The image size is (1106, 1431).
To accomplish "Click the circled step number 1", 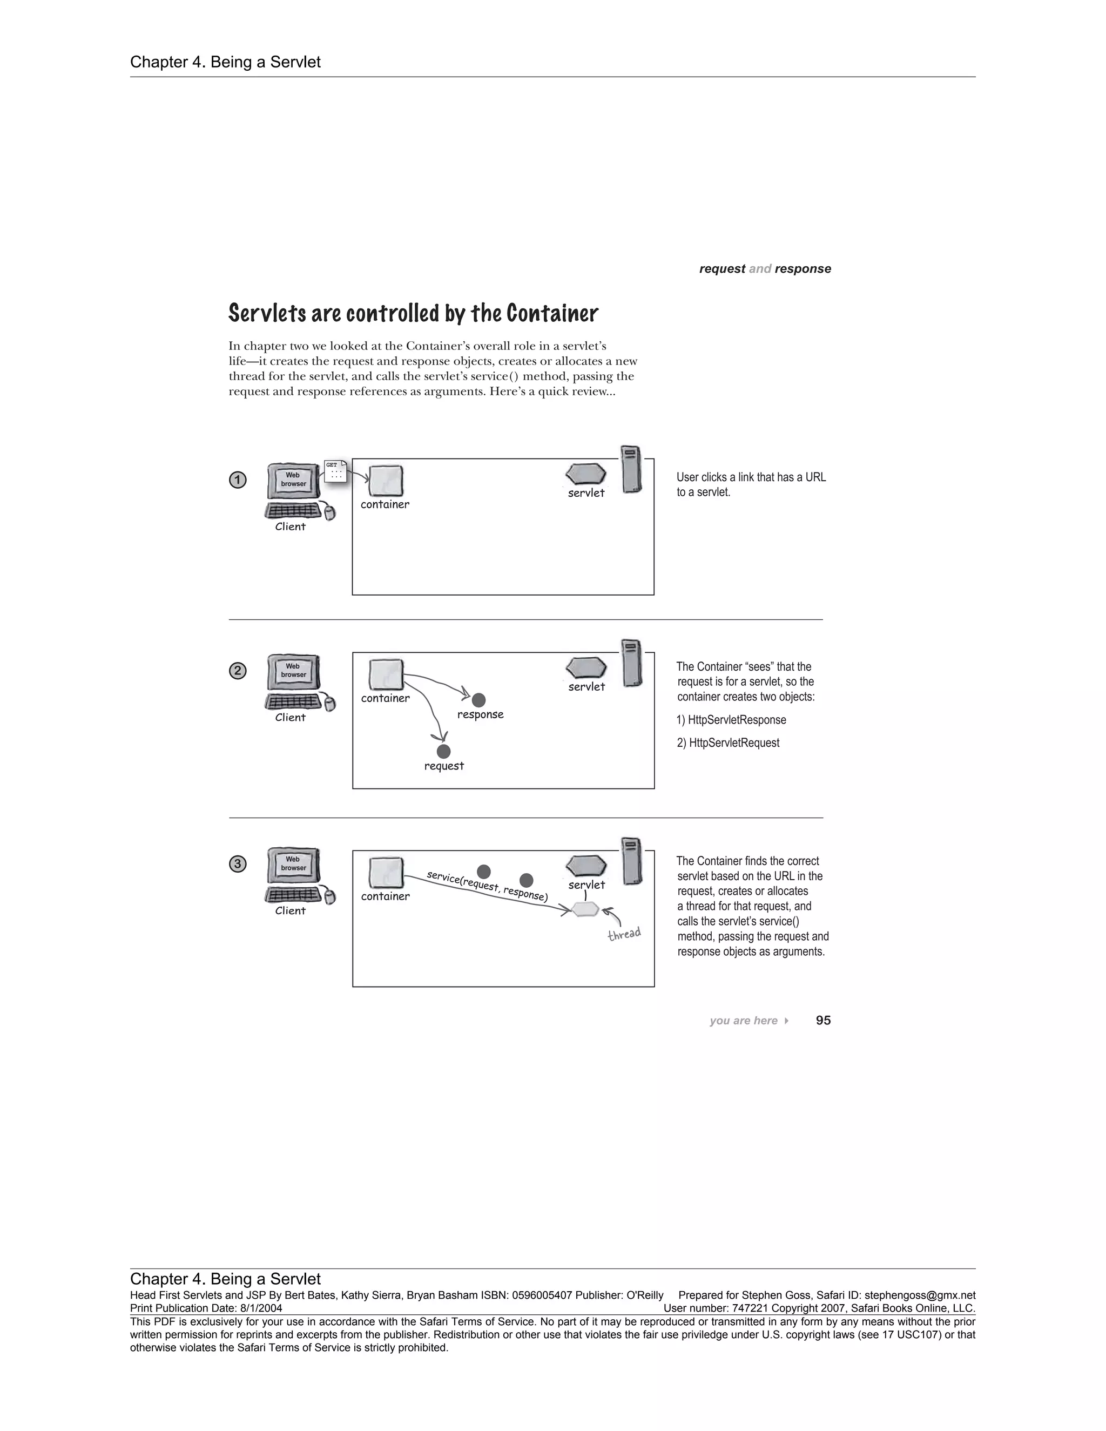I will pos(238,480).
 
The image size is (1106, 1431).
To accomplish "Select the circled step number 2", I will pos(238,671).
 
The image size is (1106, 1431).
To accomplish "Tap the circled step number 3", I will pos(238,864).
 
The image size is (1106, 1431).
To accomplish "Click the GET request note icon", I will pos(335,471).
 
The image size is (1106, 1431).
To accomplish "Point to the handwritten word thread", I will pos(624,934).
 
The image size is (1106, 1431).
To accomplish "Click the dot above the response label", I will pos(479,700).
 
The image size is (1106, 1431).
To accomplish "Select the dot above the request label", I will pos(443,752).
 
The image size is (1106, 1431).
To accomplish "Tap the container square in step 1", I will pos(386,482).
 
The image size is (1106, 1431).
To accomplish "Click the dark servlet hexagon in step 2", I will pos(586,667).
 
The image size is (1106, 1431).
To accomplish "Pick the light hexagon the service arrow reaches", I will pos(585,909).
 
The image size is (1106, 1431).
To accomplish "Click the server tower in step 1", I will pos(631,469).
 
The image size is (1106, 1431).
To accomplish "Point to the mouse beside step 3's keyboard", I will pos(329,896).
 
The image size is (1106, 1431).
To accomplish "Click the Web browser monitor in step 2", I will pos(294,672).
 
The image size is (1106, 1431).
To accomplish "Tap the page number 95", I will pos(823,1020).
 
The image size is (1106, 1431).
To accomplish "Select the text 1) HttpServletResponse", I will pos(731,720).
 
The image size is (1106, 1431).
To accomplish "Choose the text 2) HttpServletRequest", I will pos(728,743).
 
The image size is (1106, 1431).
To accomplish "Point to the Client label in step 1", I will pos(290,527).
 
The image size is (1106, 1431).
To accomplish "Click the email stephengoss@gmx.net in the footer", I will pos(920,1295).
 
